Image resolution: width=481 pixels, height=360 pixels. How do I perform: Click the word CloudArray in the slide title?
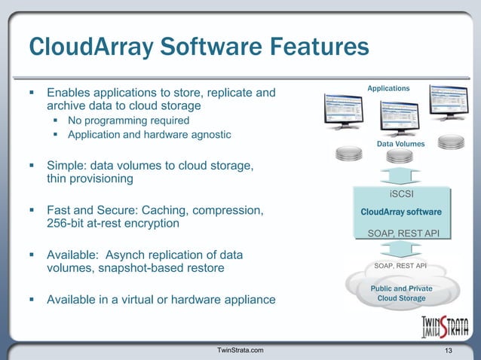pos(81,47)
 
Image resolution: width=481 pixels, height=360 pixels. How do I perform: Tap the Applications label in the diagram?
pos(388,89)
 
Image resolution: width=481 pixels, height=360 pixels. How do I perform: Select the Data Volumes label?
pos(400,143)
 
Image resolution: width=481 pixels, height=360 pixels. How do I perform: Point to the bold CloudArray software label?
pos(401,212)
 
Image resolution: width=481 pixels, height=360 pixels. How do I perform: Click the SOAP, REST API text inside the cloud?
pos(400,266)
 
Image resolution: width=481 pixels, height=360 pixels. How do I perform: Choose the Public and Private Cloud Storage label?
pos(401,293)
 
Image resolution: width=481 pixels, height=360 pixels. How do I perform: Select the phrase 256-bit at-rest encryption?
pos(113,224)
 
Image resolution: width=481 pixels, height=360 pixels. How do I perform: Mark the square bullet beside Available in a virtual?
pos(32,300)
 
